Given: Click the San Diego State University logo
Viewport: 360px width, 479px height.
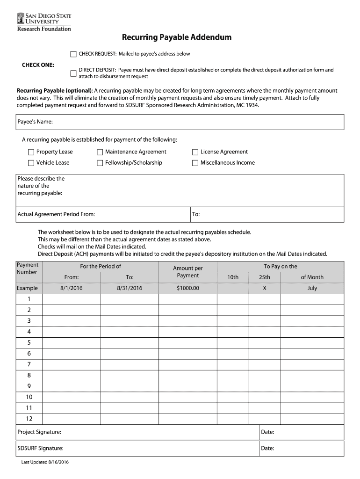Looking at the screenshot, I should [x=44, y=22].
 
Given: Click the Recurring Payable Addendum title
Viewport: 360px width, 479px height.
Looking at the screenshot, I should [x=177, y=37].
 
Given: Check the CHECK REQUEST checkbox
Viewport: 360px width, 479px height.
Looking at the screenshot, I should [x=73, y=54].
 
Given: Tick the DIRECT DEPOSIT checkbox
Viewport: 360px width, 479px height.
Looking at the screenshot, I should [x=73, y=73].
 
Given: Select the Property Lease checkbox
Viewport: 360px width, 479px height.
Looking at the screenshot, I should [x=31, y=152].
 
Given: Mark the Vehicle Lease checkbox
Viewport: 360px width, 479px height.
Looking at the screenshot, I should [x=31, y=163].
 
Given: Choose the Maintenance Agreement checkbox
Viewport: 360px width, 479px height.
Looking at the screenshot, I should [x=100, y=152].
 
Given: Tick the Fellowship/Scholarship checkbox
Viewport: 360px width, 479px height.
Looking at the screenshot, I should [x=100, y=163].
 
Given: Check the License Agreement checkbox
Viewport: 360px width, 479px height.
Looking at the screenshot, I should [x=195, y=152].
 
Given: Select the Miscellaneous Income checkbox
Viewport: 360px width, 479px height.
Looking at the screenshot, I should [x=195, y=163].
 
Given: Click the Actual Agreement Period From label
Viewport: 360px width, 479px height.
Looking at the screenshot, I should [x=56, y=214].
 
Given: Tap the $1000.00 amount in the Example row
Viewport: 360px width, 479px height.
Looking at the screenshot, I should [x=188, y=288].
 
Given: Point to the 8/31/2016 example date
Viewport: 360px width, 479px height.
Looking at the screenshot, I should [x=130, y=288].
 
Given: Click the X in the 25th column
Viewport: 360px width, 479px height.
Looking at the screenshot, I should [x=265, y=288].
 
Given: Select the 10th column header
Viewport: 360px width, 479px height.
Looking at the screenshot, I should [x=233, y=277].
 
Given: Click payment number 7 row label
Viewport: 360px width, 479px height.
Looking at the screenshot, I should [x=29, y=364].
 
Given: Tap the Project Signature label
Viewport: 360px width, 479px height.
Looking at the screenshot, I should [x=39, y=432].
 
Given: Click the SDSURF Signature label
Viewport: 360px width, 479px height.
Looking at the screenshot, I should [x=40, y=449].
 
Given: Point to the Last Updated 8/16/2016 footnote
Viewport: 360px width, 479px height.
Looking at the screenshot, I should [x=45, y=463].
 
